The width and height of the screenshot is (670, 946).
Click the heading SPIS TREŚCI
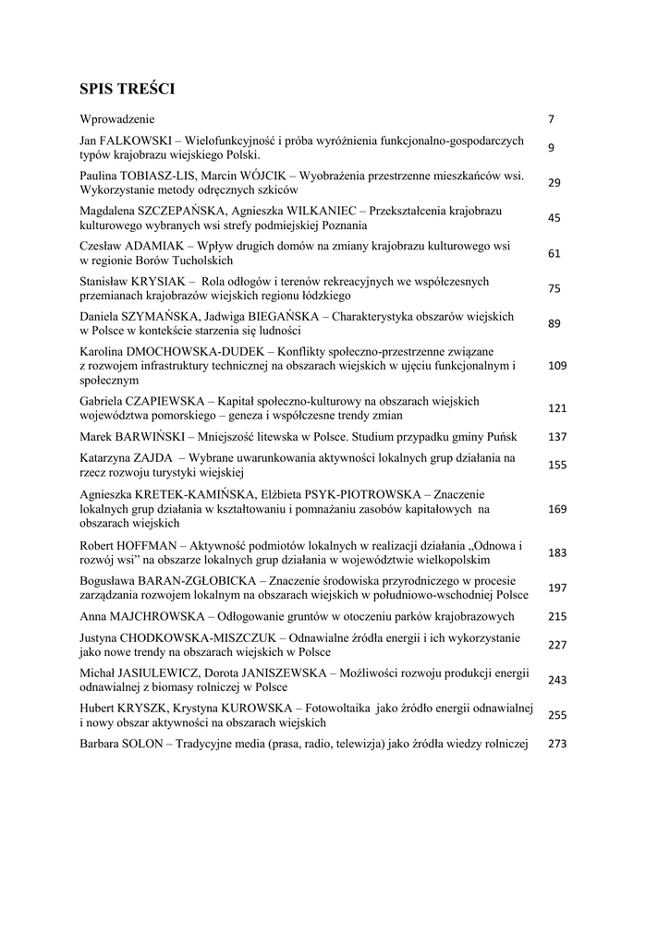point(127,89)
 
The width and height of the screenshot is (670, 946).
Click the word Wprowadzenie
point(117,119)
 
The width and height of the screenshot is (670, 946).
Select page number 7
point(551,120)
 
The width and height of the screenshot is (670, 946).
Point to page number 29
point(554,183)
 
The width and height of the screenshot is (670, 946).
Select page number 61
point(554,253)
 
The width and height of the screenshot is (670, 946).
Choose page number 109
point(557,366)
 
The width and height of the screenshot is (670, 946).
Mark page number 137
point(557,437)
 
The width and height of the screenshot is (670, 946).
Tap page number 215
point(557,616)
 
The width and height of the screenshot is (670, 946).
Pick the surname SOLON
point(145,744)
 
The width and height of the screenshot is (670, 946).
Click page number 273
point(557,744)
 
